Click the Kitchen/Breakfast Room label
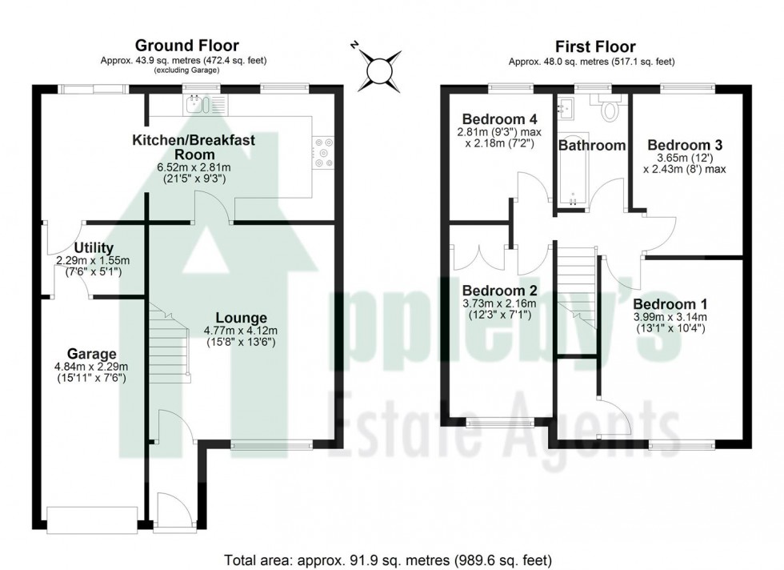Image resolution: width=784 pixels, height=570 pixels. tap(194, 147)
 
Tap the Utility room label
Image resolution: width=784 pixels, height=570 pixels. tap(94, 247)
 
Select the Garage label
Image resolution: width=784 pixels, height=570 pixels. tap(91, 353)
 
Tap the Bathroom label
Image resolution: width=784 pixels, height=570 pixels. tap(591, 145)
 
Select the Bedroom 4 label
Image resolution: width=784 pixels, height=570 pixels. tap(495, 118)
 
